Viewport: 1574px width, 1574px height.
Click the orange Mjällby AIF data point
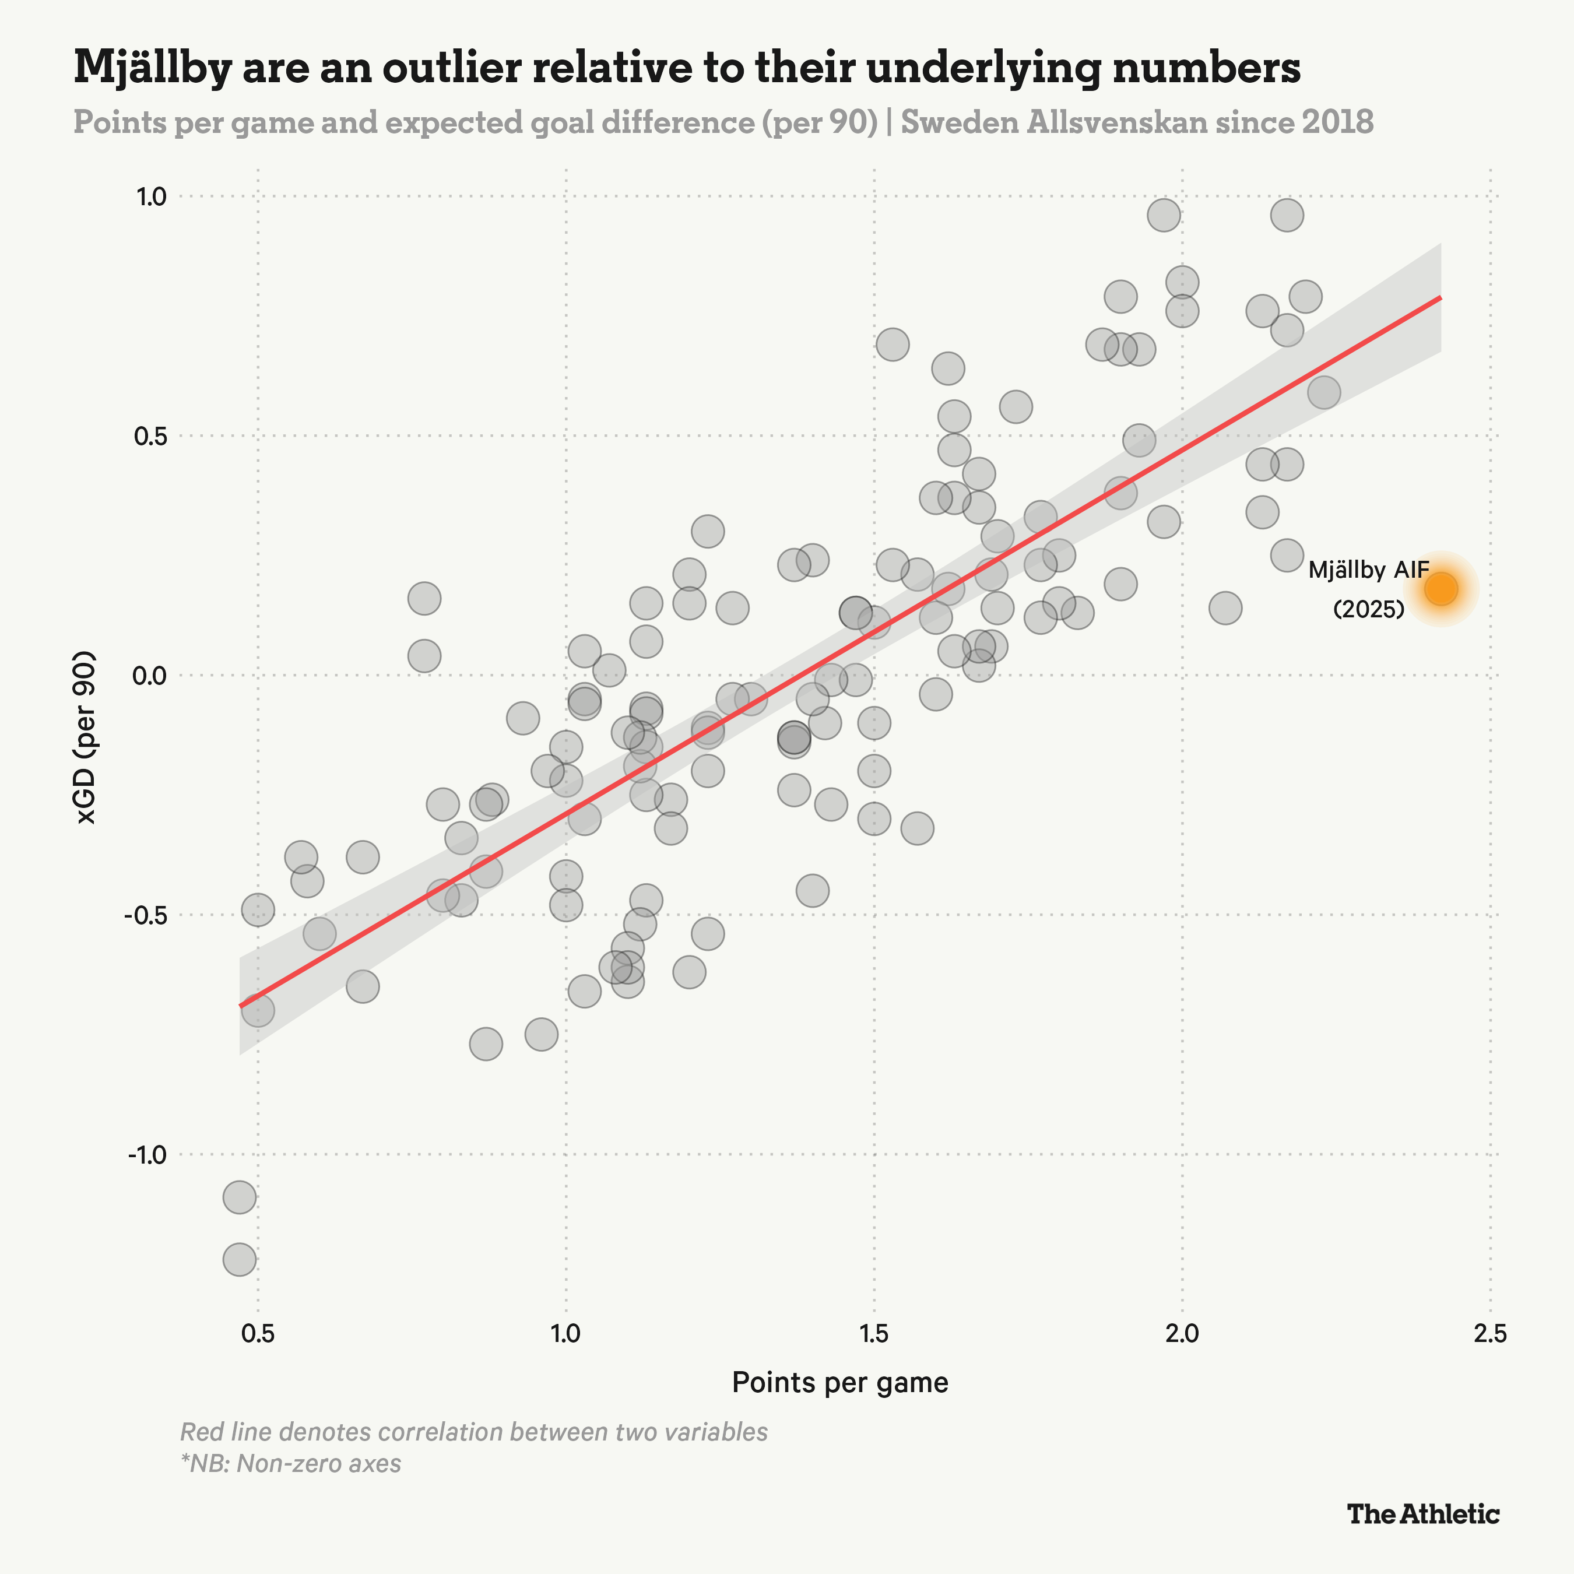click(x=1441, y=589)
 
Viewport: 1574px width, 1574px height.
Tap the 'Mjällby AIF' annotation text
click(x=1369, y=570)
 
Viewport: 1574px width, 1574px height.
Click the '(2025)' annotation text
click(x=1369, y=609)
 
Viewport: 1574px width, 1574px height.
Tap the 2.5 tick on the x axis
click(x=1490, y=1334)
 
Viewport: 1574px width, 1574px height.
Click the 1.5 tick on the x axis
click(x=873, y=1334)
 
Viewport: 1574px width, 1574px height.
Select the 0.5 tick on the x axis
click(x=258, y=1334)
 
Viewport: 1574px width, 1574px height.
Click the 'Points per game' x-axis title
click(x=840, y=1383)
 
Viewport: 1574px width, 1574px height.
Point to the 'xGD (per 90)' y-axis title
click(x=86, y=737)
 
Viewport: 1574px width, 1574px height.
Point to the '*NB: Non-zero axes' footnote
click(x=291, y=1463)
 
